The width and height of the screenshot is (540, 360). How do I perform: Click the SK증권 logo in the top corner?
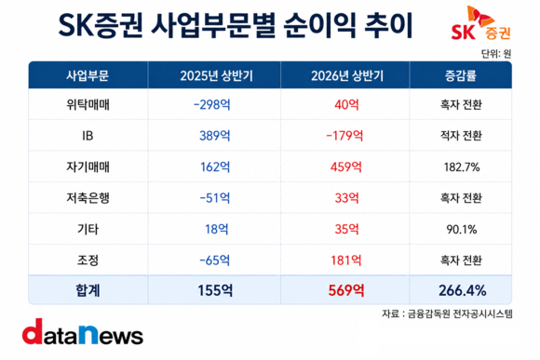pyautogui.click(x=480, y=23)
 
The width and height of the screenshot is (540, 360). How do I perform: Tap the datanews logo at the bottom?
pyautogui.click(x=83, y=331)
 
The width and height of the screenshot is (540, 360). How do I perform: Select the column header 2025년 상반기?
pyautogui.click(x=216, y=75)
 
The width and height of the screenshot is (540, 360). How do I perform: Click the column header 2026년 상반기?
pyautogui.click(x=347, y=75)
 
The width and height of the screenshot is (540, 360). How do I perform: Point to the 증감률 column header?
pyautogui.click(x=461, y=75)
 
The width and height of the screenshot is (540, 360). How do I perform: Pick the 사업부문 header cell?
pyautogui.click(x=88, y=75)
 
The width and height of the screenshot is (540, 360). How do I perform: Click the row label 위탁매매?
pyautogui.click(x=88, y=104)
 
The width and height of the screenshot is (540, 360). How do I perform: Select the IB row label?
pyautogui.click(x=88, y=136)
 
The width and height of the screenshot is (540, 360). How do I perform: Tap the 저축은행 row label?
pyautogui.click(x=88, y=198)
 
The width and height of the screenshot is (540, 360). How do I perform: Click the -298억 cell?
pyautogui.click(x=211, y=104)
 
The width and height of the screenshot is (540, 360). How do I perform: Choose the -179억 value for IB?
pyautogui.click(x=344, y=136)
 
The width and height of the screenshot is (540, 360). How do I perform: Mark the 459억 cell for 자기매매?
pyautogui.click(x=346, y=167)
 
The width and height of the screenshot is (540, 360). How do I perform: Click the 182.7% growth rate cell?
pyautogui.click(x=462, y=167)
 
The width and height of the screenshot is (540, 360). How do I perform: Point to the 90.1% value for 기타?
pyautogui.click(x=462, y=229)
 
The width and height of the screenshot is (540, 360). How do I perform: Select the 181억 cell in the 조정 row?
pyautogui.click(x=346, y=260)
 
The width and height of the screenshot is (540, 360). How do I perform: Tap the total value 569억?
pyautogui.click(x=346, y=290)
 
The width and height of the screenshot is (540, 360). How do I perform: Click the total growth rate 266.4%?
pyautogui.click(x=462, y=290)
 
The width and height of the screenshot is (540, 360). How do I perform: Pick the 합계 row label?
pyautogui.click(x=88, y=290)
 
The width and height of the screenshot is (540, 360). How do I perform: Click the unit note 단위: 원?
pyautogui.click(x=496, y=54)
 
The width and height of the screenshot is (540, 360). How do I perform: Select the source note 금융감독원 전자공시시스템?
pyautogui.click(x=460, y=313)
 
